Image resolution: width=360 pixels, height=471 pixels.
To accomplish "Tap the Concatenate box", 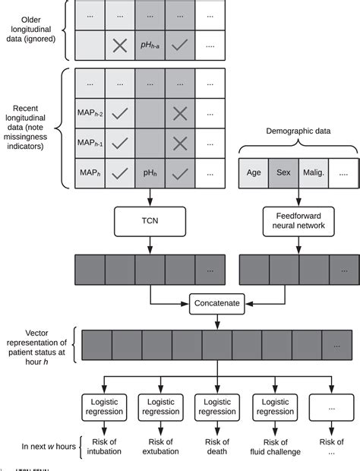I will click(x=218, y=303).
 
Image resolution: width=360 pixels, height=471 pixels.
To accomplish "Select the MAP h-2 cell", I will click(x=90, y=113).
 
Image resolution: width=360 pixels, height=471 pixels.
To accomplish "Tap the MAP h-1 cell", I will click(x=90, y=142).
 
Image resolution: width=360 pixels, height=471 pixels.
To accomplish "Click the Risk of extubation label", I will click(x=159, y=446).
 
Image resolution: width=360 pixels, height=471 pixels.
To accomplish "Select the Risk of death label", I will click(x=217, y=446).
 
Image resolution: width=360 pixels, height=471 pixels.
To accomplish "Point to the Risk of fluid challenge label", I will click(x=275, y=446).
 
